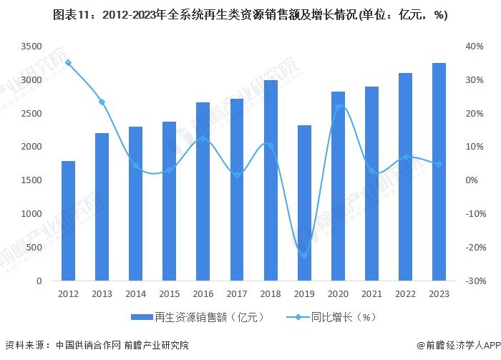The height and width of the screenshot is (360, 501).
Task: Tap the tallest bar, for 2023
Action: (439, 172)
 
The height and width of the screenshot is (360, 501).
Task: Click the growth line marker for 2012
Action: (68, 62)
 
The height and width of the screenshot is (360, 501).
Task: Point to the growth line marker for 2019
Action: (304, 256)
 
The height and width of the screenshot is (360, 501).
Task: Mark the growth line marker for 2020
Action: (338, 107)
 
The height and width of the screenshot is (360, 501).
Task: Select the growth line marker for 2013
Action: (102, 102)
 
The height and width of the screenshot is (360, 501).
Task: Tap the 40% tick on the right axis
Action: (475, 46)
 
